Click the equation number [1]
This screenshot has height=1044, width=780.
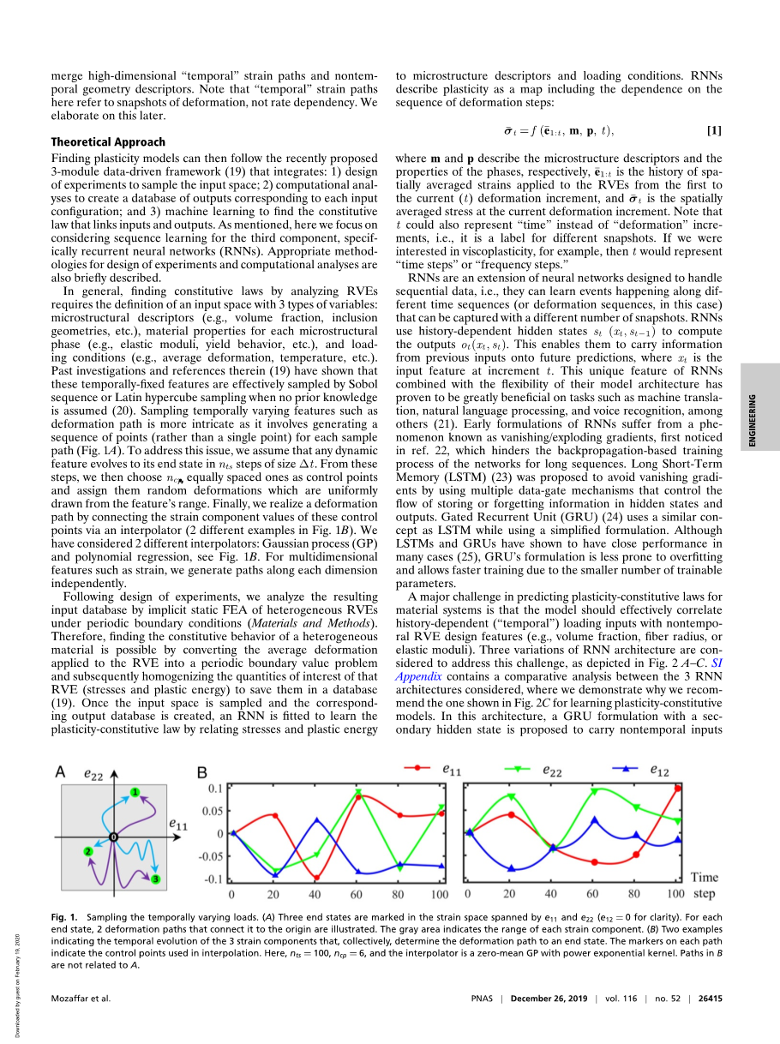pos(713,130)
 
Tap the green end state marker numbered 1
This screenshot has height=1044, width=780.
pos(135,791)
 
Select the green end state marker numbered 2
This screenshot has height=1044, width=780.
pos(88,850)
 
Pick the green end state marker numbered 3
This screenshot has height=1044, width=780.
pos(155,879)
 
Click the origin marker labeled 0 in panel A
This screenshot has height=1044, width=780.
pos(112,837)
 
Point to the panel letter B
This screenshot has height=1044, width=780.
pos(202,772)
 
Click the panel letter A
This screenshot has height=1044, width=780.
pos(60,772)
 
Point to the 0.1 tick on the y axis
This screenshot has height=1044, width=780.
pos(215,788)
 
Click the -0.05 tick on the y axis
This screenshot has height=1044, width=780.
pos(211,856)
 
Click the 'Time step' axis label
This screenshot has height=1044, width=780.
pos(705,885)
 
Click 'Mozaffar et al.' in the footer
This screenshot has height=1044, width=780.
pos(81,998)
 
